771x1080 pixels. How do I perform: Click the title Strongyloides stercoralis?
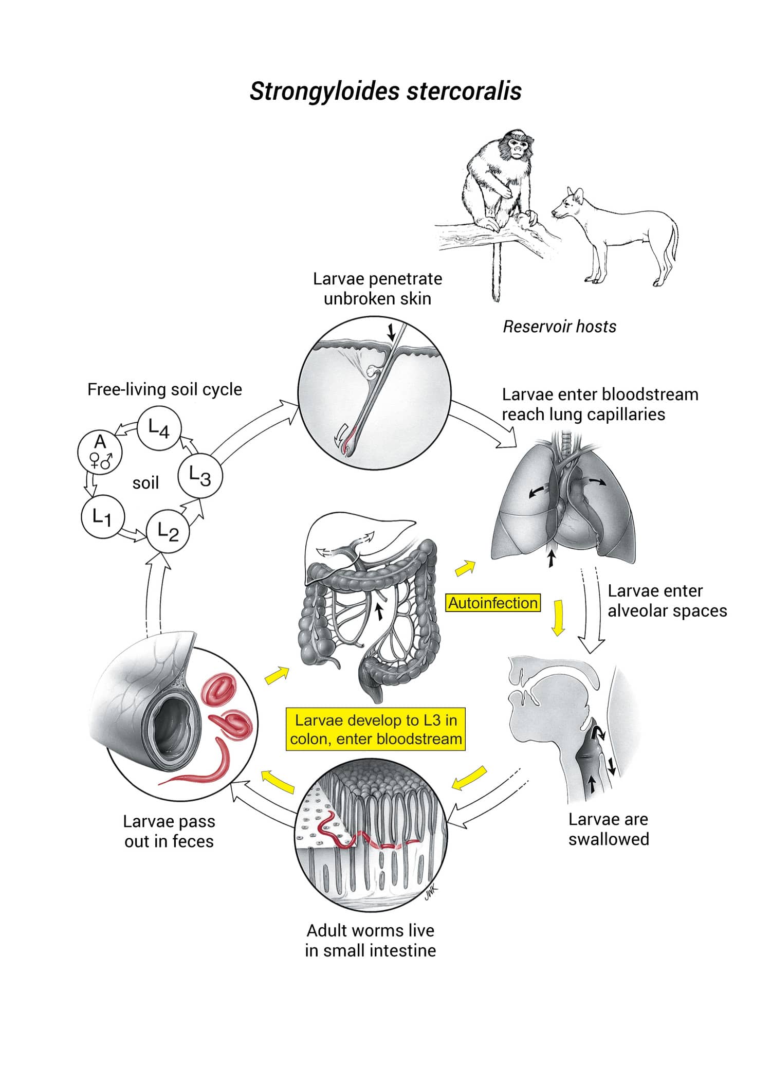(385, 91)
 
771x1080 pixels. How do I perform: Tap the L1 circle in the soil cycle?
(103, 516)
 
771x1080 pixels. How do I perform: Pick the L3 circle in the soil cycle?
(200, 476)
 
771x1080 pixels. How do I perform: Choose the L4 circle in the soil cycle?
(159, 428)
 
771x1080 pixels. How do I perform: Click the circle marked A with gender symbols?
(100, 451)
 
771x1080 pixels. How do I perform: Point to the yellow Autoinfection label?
(493, 603)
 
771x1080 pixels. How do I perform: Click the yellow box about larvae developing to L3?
(376, 729)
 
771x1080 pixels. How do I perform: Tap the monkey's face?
(518, 148)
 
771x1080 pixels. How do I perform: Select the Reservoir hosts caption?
(559, 327)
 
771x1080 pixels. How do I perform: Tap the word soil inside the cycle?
(145, 483)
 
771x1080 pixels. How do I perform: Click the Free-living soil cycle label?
(164, 389)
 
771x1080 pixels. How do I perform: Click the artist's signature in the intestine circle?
(430, 895)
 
